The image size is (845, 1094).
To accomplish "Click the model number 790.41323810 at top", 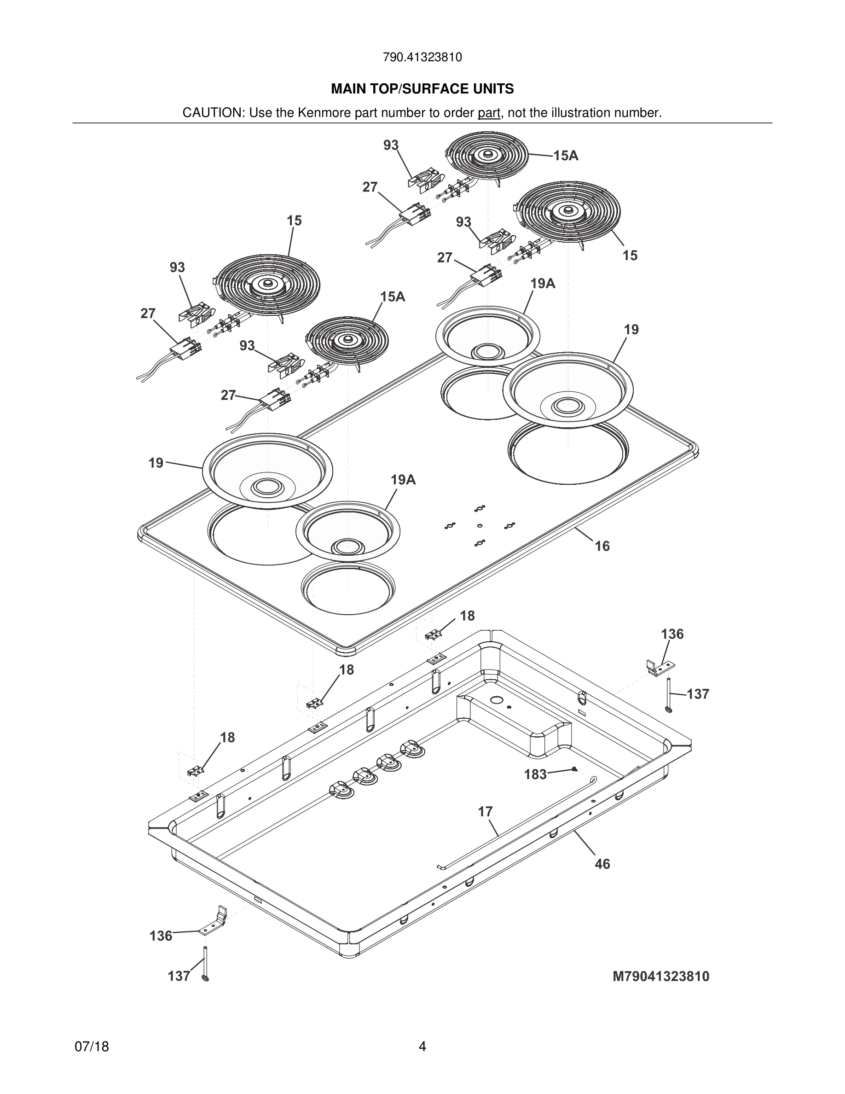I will click(422, 58).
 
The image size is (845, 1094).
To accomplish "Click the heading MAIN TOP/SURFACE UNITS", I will click(422, 89).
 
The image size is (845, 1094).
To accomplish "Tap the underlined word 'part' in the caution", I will click(489, 113).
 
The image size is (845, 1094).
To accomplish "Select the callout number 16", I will click(602, 546).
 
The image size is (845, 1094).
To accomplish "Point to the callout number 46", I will click(602, 864).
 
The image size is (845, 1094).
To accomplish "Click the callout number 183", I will click(535, 775).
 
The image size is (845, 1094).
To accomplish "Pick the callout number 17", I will click(485, 811).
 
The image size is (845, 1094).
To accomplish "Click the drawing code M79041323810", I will click(661, 977).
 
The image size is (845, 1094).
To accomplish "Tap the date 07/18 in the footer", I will click(92, 1047).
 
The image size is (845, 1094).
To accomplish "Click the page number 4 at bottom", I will click(422, 1047).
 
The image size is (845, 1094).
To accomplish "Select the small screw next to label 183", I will click(574, 769).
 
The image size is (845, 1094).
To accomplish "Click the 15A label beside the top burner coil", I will click(566, 156).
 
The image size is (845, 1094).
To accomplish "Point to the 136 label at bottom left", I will click(161, 936).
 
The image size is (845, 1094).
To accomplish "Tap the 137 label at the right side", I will click(698, 694).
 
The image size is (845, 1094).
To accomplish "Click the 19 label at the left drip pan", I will click(156, 463).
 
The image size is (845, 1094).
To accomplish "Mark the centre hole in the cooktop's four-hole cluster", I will click(480, 525).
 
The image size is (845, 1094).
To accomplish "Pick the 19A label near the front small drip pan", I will click(403, 480).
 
